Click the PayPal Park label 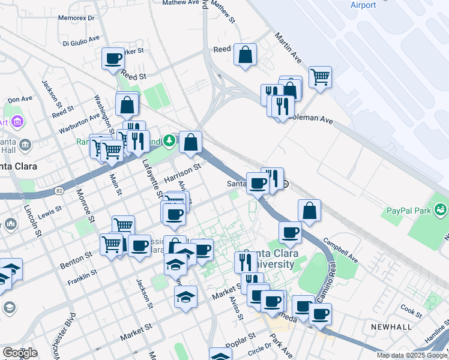coord(406,211)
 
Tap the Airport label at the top coord(363,5)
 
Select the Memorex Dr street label coord(76,18)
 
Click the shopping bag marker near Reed coord(245,55)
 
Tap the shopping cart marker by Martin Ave coord(321,77)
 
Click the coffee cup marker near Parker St coord(113,59)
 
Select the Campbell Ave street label coord(340,253)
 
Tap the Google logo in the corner coord(19,353)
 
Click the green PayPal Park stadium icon coord(441,209)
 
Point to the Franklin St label coord(82,277)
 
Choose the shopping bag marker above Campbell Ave coord(309,211)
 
